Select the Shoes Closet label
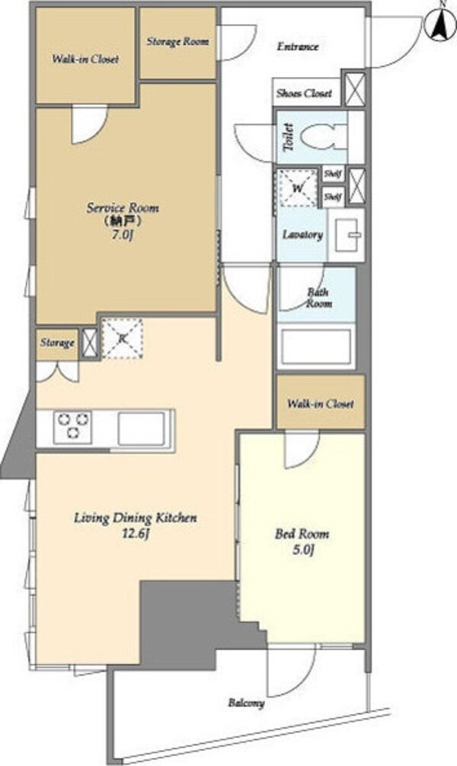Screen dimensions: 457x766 click(x=304, y=93)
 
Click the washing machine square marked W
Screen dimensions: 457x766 click(x=298, y=187)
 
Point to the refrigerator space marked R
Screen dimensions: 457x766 click(x=122, y=338)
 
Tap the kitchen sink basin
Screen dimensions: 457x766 click(x=141, y=428)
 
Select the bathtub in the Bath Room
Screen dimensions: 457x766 click(x=316, y=346)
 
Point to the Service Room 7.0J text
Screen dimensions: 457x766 click(x=123, y=222)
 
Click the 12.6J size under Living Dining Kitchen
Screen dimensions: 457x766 click(x=136, y=533)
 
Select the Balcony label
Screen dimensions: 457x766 click(x=246, y=703)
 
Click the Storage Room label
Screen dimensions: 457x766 click(x=178, y=42)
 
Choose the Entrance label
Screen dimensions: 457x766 click(x=298, y=46)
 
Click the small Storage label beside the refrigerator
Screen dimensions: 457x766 click(x=57, y=343)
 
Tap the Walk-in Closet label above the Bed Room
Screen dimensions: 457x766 click(x=320, y=404)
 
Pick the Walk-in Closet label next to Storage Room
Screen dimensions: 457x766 click(x=85, y=59)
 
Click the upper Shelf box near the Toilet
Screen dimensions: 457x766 click(x=333, y=174)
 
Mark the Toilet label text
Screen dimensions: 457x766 click(x=289, y=137)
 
